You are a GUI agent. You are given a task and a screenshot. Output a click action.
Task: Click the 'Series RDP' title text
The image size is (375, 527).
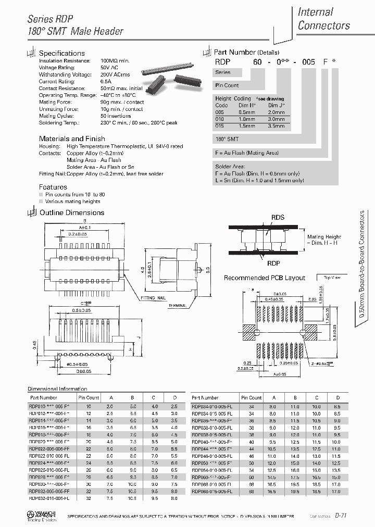coord(50,19)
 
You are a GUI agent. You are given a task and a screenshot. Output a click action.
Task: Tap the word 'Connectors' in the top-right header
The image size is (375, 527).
coord(323,26)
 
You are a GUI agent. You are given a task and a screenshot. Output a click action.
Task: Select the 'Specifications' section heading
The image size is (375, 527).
coord(61,53)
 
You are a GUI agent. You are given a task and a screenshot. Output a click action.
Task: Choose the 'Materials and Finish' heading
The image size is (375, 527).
coord(72,139)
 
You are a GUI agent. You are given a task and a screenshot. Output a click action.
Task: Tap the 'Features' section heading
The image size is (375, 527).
coord(53,186)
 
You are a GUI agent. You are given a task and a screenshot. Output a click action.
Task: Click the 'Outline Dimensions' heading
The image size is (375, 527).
coord(72,212)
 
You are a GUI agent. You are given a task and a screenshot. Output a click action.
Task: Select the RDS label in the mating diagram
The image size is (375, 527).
coord(278,218)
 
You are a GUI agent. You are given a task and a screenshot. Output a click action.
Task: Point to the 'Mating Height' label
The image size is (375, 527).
coord(323,236)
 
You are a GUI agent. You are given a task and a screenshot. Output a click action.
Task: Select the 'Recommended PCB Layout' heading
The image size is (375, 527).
coord(264,278)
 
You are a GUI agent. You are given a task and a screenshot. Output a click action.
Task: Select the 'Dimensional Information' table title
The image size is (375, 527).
coord(57,388)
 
